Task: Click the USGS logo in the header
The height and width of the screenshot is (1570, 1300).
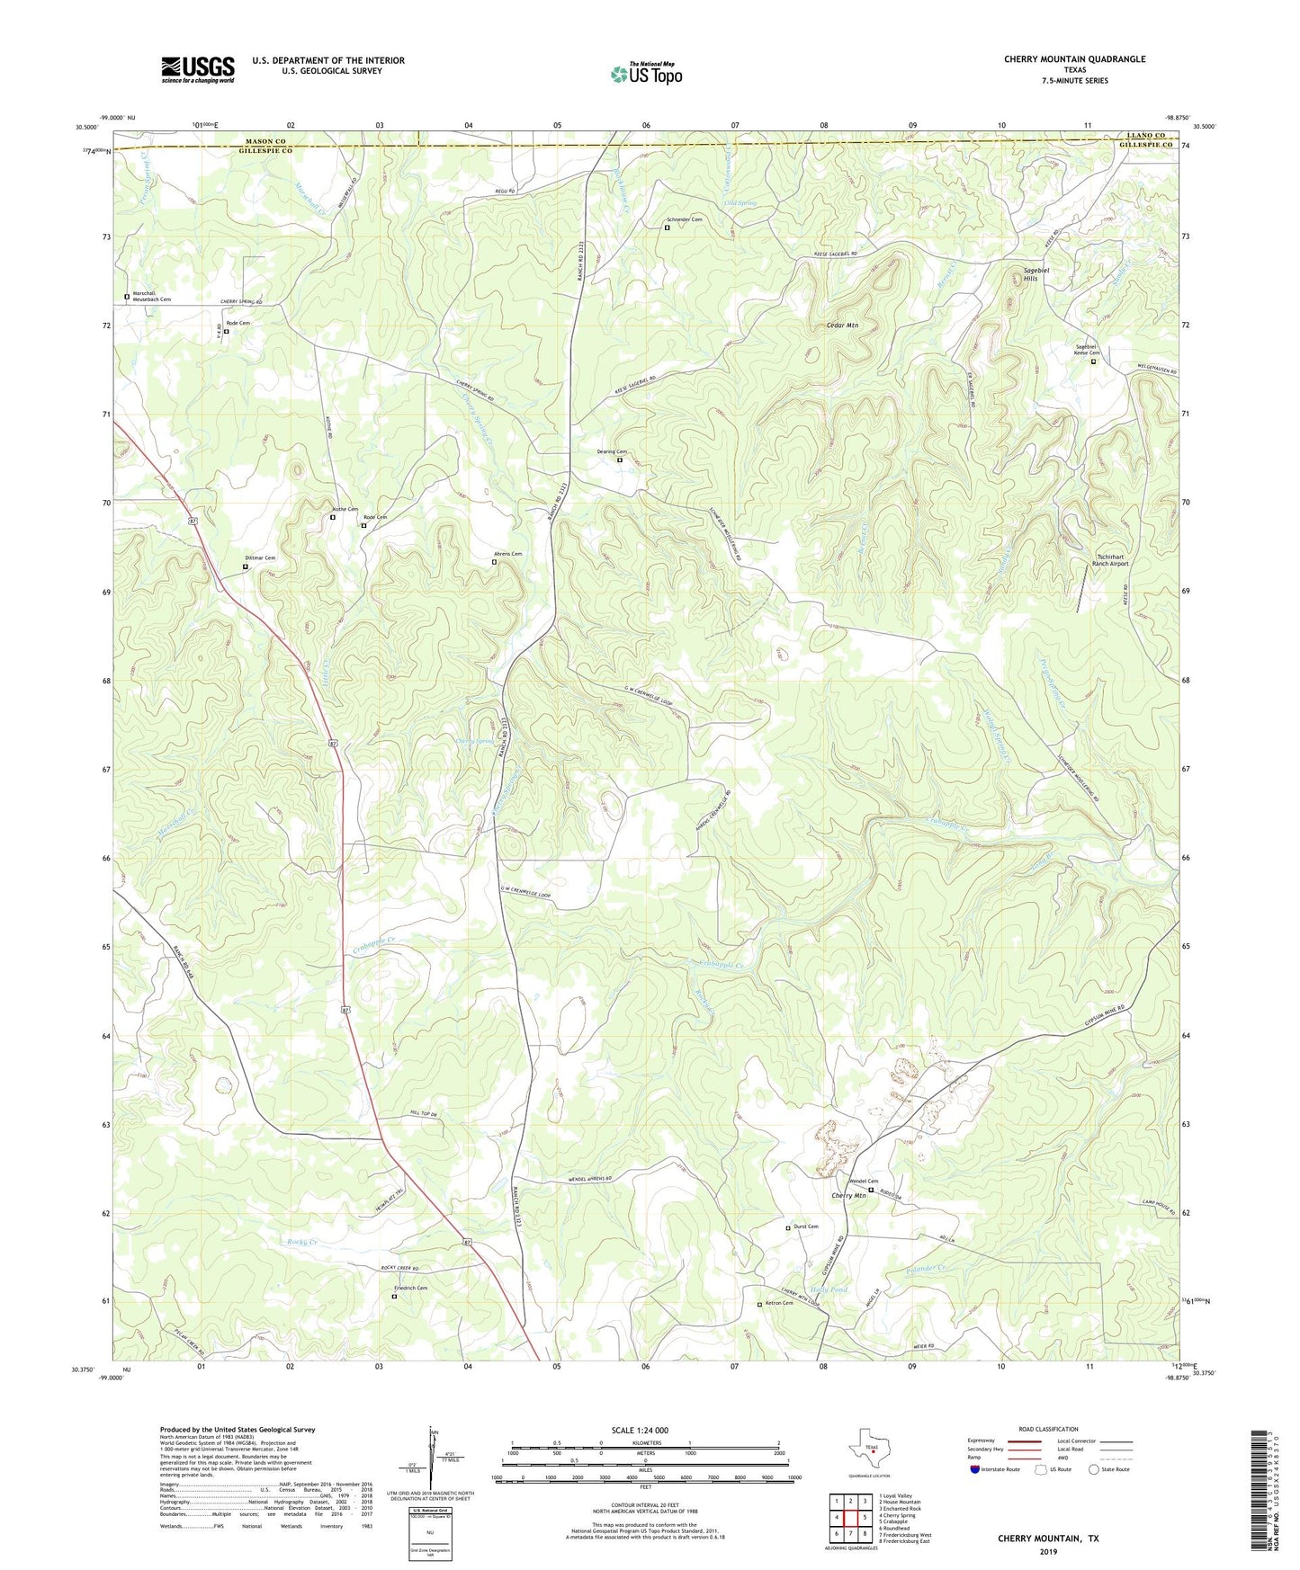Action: pos(198,69)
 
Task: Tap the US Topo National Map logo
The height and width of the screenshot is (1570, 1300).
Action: pos(646,74)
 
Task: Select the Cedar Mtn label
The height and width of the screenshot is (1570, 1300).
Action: pos(841,325)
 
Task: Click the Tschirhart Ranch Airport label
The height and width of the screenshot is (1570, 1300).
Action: pos(1109,559)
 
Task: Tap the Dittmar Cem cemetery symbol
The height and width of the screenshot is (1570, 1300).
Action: pos(245,566)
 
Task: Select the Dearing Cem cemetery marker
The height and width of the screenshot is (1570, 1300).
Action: pos(619,460)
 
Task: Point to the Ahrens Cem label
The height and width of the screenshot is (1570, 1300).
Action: pos(508,554)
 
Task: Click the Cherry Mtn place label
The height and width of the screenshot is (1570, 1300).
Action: pos(848,1195)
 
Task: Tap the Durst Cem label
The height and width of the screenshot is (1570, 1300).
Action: pos(805,1227)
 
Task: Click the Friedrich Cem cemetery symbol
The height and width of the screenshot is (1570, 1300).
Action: pos(394,1297)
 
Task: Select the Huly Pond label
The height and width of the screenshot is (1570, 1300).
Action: pos(829,1290)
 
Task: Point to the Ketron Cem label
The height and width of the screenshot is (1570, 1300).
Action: pos(779,1303)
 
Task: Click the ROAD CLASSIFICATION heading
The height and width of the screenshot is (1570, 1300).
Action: pos(1048,1429)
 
